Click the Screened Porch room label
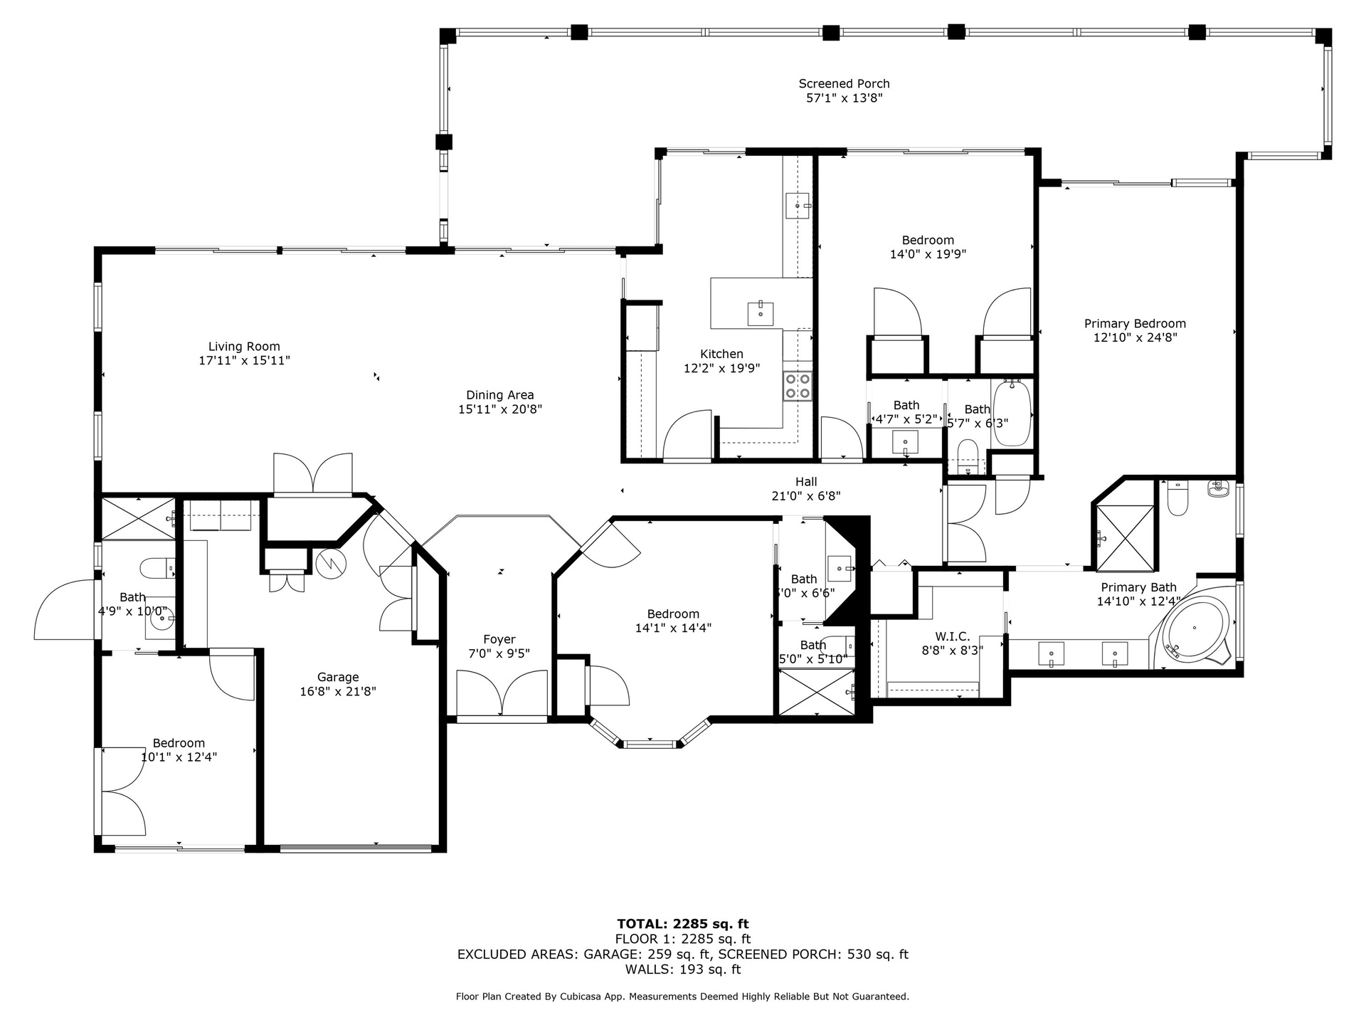click(x=844, y=84)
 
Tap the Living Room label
click(x=244, y=347)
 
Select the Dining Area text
click(x=500, y=395)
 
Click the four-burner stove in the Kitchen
click(x=798, y=386)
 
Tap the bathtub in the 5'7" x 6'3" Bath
click(x=1011, y=413)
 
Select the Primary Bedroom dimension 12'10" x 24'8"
click(x=1135, y=337)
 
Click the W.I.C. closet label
click(x=952, y=636)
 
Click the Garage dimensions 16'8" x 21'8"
click(x=338, y=690)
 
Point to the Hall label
click(x=806, y=482)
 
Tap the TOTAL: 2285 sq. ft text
click(x=683, y=924)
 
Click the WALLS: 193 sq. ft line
click(x=683, y=969)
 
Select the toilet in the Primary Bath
click(x=1177, y=498)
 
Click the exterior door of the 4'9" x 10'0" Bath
click(x=64, y=609)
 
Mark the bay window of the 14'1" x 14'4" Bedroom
click(x=649, y=737)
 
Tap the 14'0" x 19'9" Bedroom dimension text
click(x=928, y=254)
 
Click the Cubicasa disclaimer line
click(x=683, y=997)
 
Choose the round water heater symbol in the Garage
click(x=331, y=564)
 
